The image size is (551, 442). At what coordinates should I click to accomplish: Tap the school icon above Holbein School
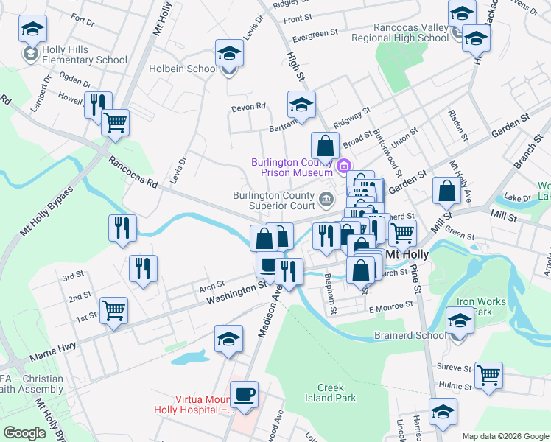pyautogui.click(x=229, y=53)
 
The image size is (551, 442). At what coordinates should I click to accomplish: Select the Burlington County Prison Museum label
pyautogui.click(x=292, y=167)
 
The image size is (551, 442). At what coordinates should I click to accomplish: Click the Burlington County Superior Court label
pyautogui.click(x=274, y=200)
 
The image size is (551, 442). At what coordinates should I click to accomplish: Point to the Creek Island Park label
pyautogui.click(x=337, y=393)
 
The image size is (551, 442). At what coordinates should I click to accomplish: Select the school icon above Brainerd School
pyautogui.click(x=460, y=320)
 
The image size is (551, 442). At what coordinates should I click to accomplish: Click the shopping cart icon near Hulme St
pyautogui.click(x=488, y=375)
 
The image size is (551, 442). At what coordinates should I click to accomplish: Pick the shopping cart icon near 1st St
pyautogui.click(x=114, y=310)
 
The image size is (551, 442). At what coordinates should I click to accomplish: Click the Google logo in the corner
pyautogui.click(x=24, y=433)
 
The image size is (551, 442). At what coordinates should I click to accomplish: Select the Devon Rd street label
pyautogui.click(x=248, y=107)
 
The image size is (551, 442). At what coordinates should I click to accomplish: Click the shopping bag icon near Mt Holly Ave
pyautogui.click(x=446, y=191)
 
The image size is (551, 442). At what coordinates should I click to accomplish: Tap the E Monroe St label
pyautogui.click(x=391, y=305)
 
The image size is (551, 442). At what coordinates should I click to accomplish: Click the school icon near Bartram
pyautogui.click(x=301, y=105)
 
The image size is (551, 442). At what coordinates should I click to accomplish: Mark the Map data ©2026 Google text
pyautogui.click(x=505, y=435)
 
